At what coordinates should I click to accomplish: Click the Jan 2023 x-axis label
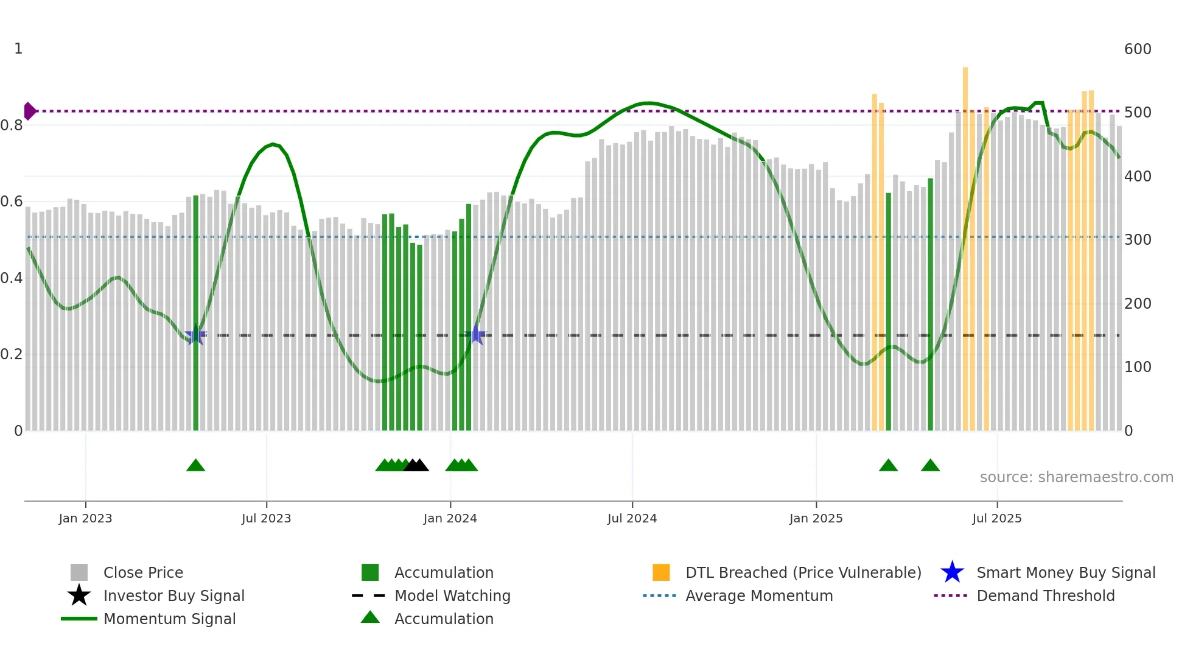[85, 518]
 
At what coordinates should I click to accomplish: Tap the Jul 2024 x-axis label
[632, 518]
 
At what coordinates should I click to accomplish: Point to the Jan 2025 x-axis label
[816, 518]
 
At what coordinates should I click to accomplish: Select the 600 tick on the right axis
[1137, 49]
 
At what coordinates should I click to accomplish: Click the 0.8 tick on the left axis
[12, 125]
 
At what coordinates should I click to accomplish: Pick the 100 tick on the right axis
[1137, 367]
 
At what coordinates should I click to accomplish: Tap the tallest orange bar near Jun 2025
[965, 244]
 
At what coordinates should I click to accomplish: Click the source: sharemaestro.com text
[1076, 477]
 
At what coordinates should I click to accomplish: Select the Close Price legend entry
[143, 573]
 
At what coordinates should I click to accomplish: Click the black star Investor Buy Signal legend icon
[79, 595]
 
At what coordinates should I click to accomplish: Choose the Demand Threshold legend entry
[1045, 596]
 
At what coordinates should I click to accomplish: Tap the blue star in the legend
[952, 572]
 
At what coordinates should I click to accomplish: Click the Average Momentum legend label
[759, 596]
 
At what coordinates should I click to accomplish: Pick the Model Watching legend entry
[452, 596]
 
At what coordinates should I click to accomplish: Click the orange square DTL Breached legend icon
[661, 572]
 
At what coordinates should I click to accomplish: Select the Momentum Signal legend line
[79, 619]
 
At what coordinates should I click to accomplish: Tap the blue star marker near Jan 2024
[476, 335]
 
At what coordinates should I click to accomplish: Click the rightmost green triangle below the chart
[930, 466]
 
